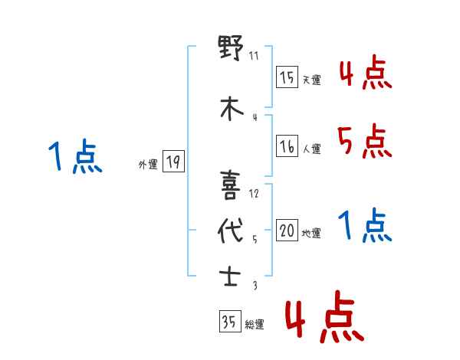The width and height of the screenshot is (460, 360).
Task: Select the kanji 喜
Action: point(231,184)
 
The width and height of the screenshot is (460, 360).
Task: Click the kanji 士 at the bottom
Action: point(231,276)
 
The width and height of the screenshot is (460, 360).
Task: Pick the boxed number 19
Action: point(173,162)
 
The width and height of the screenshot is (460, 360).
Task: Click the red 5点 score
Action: point(364,142)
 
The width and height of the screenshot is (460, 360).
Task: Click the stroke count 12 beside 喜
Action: point(254,194)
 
